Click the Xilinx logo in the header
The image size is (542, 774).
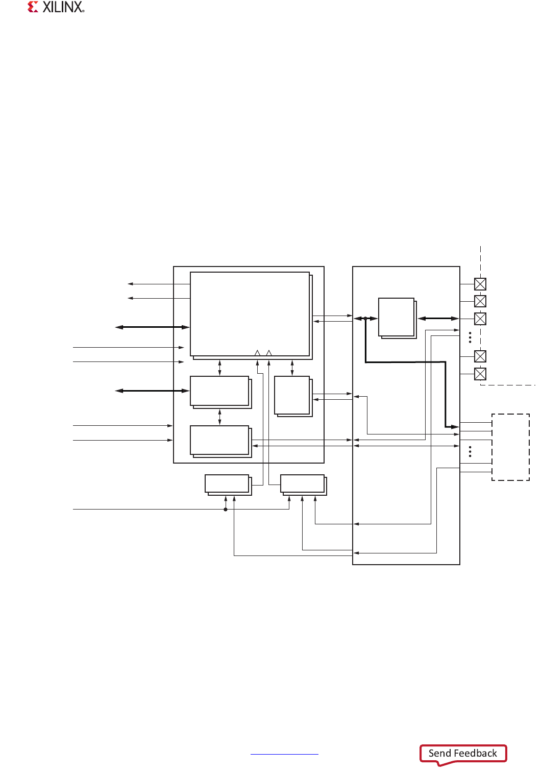click(56, 7)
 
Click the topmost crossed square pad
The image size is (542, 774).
click(480, 284)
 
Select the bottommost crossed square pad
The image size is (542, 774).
click(480, 374)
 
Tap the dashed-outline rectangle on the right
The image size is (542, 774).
click(510, 447)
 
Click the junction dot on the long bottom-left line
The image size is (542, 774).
click(226, 509)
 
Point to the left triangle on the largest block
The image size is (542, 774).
click(257, 353)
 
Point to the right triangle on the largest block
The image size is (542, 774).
click(269, 353)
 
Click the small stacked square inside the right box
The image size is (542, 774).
click(397, 318)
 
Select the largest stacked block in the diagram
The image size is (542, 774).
click(250, 315)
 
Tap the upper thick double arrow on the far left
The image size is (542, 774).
click(152, 327)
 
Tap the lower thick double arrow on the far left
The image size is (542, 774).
click(152, 391)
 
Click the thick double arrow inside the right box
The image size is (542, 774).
click(438, 319)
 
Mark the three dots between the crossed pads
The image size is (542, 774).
click(470, 337)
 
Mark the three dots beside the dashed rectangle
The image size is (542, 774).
click(470, 451)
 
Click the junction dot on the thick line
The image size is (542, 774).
click(365, 319)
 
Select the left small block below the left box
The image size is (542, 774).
click(227, 484)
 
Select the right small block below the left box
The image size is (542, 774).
click(303, 484)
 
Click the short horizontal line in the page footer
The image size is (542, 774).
click(284, 754)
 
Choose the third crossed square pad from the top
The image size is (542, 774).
click(480, 319)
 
